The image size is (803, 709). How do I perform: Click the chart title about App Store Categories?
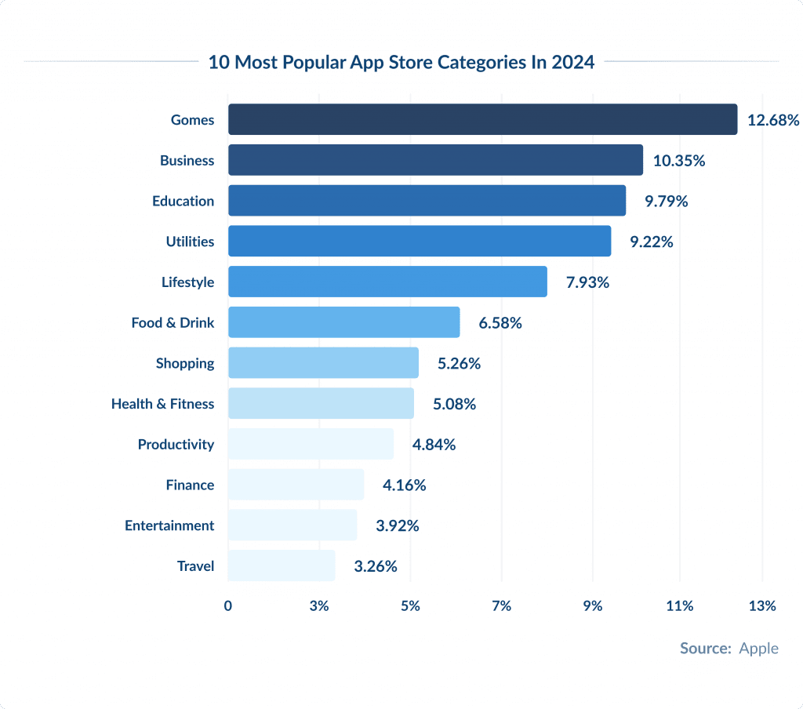click(x=401, y=63)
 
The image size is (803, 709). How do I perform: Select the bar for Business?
click(x=435, y=160)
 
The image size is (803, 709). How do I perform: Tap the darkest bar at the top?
click(x=482, y=119)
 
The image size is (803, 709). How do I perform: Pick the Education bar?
click(x=427, y=201)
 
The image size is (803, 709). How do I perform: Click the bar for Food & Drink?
click(x=343, y=322)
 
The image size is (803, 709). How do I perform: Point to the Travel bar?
click(x=282, y=565)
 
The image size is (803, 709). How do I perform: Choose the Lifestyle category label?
click(x=187, y=282)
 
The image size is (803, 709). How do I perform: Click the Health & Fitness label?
click(x=162, y=404)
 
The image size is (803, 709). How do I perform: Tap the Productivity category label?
click(x=176, y=445)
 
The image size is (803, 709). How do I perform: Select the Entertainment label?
click(x=169, y=525)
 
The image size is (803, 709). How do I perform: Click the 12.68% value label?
click(x=773, y=120)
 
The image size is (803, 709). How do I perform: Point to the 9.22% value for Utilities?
click(x=652, y=242)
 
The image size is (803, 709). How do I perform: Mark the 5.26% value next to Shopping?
click(x=459, y=363)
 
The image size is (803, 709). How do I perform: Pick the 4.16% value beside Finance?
click(x=405, y=485)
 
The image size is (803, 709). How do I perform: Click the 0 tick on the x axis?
click(x=228, y=605)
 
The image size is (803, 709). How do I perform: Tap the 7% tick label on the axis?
click(x=501, y=605)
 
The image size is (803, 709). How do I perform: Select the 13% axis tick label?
click(x=762, y=605)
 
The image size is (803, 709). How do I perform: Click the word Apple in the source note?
click(x=759, y=649)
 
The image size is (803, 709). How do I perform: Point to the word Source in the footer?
click(x=705, y=649)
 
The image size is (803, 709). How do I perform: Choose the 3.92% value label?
click(x=398, y=525)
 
